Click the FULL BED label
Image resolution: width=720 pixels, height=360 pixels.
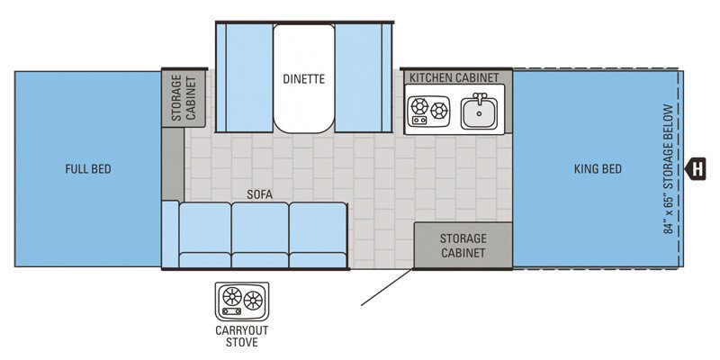click(87, 169)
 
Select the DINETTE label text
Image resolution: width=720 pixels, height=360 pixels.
click(303, 79)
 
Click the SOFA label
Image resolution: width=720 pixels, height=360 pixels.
click(261, 193)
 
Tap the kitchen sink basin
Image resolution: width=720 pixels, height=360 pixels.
click(478, 114)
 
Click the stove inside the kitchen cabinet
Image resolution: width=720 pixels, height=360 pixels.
click(429, 112)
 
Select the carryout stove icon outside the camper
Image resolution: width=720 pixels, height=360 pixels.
click(242, 300)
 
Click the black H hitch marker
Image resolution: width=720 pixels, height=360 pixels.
click(695, 168)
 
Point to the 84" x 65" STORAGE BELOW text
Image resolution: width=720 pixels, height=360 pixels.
click(668, 169)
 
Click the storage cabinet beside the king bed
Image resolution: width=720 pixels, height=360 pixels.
click(463, 245)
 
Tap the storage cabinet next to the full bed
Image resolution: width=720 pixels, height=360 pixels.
click(184, 97)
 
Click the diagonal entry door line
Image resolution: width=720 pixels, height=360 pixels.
click(387, 286)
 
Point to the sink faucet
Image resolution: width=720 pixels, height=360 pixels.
click(480, 97)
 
